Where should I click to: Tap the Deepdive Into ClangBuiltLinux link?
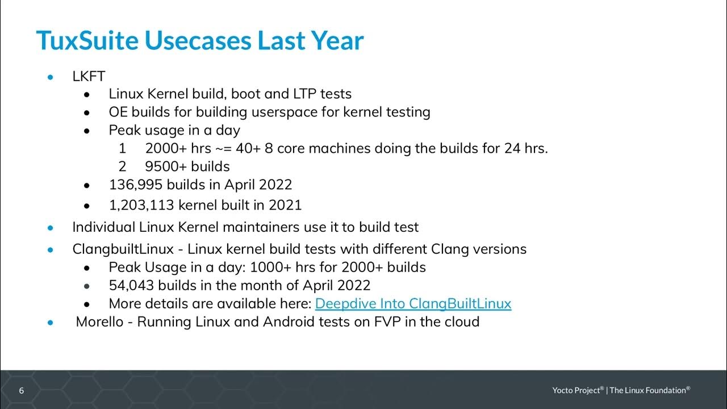pyautogui.click(x=413, y=304)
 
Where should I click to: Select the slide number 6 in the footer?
pyautogui.click(x=22, y=390)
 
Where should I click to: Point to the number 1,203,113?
pyautogui.click(x=135, y=205)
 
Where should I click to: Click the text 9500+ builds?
pyautogui.click(x=187, y=166)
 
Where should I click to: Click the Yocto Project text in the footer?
pyautogui.click(x=576, y=390)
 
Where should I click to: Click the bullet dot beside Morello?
pyautogui.click(x=51, y=323)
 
